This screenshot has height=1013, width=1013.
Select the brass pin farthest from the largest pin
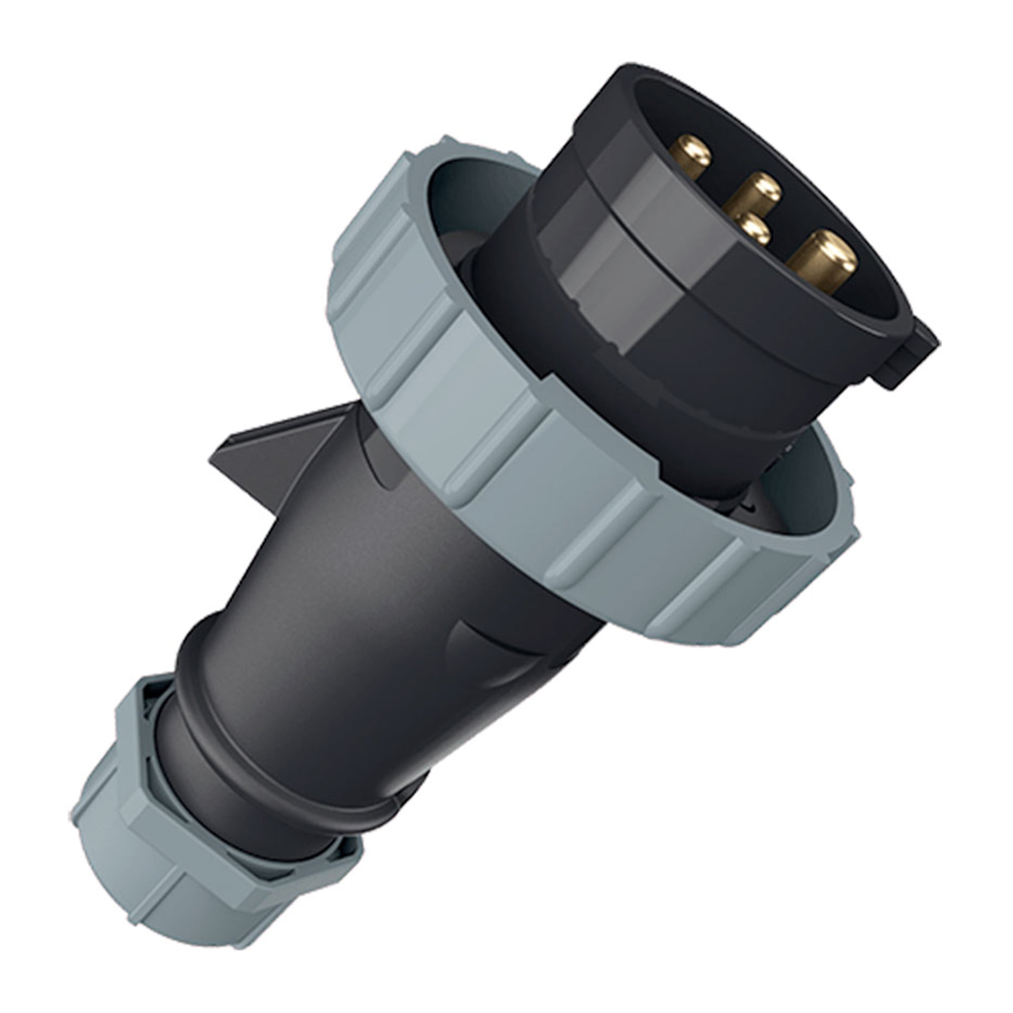(x=691, y=155)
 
